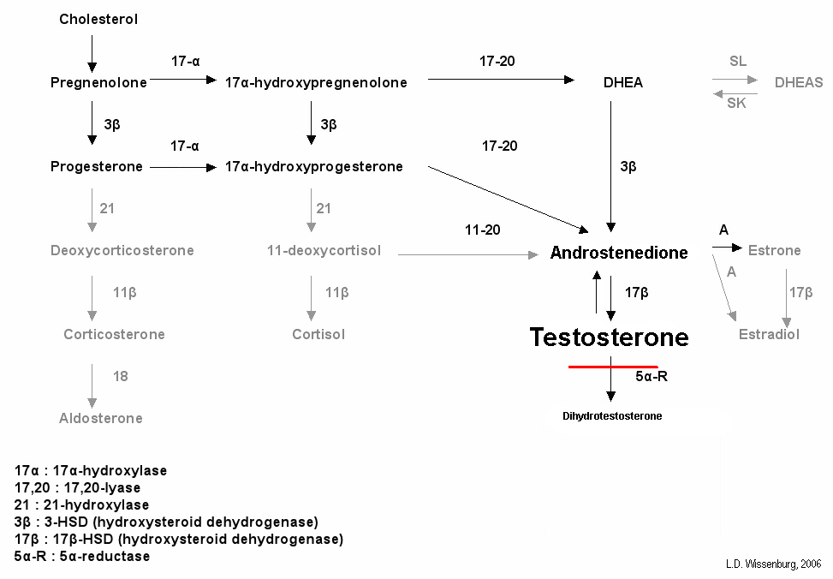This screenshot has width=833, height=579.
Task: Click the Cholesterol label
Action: pyautogui.click(x=98, y=19)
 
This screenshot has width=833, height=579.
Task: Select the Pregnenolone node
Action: pyautogui.click(x=98, y=82)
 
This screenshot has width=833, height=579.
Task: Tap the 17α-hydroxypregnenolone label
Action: pyautogui.click(x=316, y=82)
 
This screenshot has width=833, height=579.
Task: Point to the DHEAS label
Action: pyautogui.click(x=798, y=82)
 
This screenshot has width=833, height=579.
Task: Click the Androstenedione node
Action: pyautogui.click(x=619, y=253)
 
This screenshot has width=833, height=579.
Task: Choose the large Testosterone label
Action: pyautogui.click(x=609, y=337)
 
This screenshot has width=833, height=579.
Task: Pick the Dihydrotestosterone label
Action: pyautogui.click(x=612, y=416)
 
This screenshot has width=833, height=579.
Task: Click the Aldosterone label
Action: pyautogui.click(x=101, y=418)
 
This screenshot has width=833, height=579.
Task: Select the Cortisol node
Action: pyautogui.click(x=318, y=334)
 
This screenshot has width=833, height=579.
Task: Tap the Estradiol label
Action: pyautogui.click(x=769, y=334)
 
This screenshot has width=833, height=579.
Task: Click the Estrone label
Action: pyautogui.click(x=774, y=250)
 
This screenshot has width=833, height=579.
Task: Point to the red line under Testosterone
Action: pyautogui.click(x=613, y=367)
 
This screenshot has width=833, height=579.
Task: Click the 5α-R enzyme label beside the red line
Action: pyautogui.click(x=651, y=376)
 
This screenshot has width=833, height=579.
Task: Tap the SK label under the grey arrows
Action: pyautogui.click(x=736, y=104)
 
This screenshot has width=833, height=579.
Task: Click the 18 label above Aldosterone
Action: pyautogui.click(x=121, y=375)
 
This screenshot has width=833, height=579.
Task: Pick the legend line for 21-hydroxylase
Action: pyautogui.click(x=81, y=504)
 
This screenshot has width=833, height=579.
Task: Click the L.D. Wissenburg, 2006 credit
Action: pyautogui.click(x=772, y=564)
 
